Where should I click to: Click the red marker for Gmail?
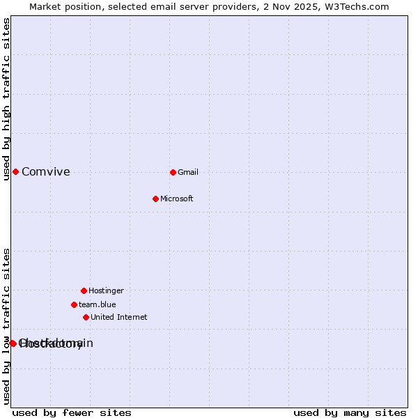173,172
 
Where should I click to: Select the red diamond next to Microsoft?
155,199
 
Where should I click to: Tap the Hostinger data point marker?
84,291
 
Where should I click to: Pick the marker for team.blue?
74,304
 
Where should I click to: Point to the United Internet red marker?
86,317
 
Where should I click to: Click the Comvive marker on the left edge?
15,172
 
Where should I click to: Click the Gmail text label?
188,172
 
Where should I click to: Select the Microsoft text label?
177,199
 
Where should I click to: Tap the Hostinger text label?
106,291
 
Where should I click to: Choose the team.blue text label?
98,304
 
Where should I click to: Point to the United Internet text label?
119,317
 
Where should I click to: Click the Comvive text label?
46,172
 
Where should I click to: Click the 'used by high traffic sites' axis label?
6,99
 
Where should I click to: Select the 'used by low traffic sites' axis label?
6,325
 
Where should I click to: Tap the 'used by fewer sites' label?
72,413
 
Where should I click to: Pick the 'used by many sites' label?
350,413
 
